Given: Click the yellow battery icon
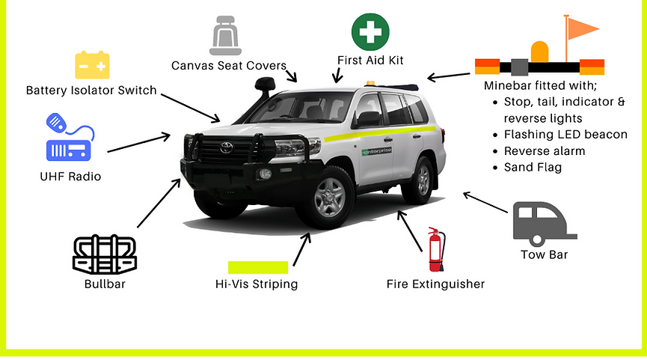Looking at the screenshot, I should pos(93,65).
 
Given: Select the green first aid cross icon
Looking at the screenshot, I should pos(370,32).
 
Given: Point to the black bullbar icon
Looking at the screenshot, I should pos(105,256).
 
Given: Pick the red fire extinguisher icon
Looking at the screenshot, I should pos(436,250).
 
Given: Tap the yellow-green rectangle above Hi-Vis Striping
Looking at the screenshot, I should pos(258,267).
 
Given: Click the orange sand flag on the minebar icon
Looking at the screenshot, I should pos(581,29).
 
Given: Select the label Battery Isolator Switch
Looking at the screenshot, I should pos(91,91).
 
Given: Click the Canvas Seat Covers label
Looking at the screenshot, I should pos(229,66).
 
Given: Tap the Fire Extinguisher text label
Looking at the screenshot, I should pos(435,284).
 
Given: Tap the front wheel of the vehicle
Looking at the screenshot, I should pos(329,197).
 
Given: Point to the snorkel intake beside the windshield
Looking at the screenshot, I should pos(265,84).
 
